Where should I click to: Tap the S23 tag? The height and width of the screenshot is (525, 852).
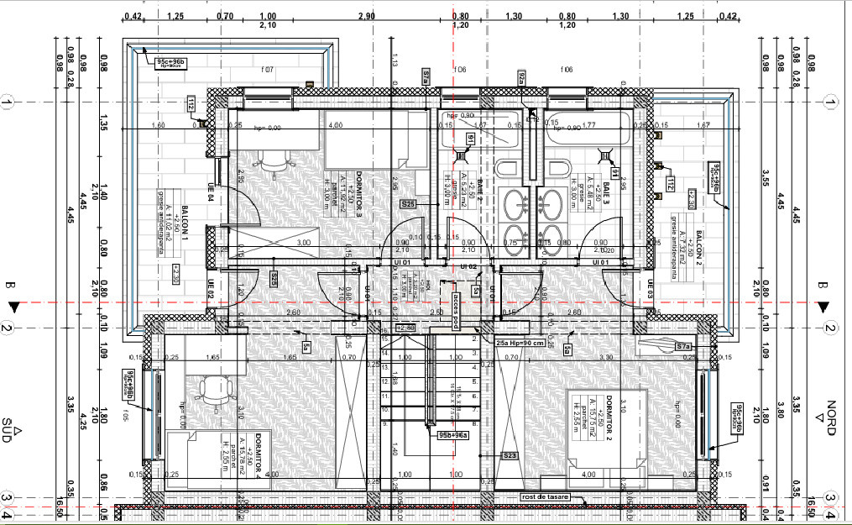click(x=510, y=455)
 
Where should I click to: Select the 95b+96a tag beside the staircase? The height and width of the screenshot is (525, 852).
click(x=453, y=435)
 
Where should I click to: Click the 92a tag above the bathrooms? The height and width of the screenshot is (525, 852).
click(x=521, y=79)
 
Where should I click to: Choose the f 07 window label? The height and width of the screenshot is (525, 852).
click(x=268, y=70)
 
